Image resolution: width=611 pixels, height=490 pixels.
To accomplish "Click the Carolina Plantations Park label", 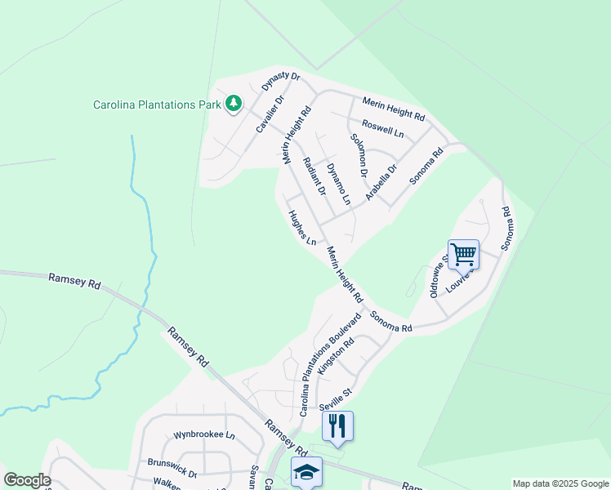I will pos(158,105).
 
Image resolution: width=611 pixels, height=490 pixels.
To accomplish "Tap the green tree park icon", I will pos(234,103).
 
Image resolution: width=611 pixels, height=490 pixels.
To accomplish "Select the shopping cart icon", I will pos(463,254).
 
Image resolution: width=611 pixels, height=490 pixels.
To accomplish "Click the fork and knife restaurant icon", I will pos(337,425).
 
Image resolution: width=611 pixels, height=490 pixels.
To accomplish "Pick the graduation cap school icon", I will pos(307,471).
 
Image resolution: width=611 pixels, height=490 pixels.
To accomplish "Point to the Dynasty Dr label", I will pos(281,82).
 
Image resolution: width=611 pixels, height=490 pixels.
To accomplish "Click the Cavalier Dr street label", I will pos(270,115).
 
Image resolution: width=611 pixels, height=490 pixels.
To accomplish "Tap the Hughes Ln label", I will pos(302,228).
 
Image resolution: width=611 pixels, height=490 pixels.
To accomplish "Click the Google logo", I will pos(27,480).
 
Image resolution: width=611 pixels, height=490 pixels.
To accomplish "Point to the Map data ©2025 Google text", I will pos(560,483).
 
